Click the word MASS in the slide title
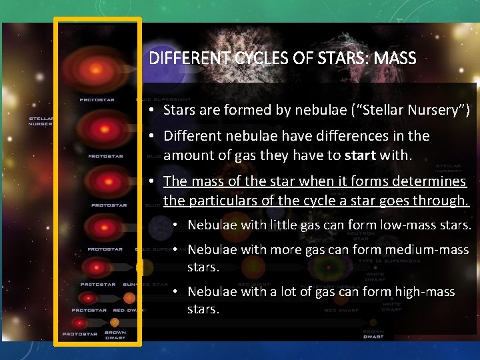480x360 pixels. (395, 59)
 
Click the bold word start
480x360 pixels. (361, 156)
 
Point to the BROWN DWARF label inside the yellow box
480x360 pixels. (115, 334)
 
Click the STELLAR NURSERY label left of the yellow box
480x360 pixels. (41, 121)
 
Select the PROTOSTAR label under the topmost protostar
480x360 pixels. (97, 100)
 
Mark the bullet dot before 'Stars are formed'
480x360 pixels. (153, 110)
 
